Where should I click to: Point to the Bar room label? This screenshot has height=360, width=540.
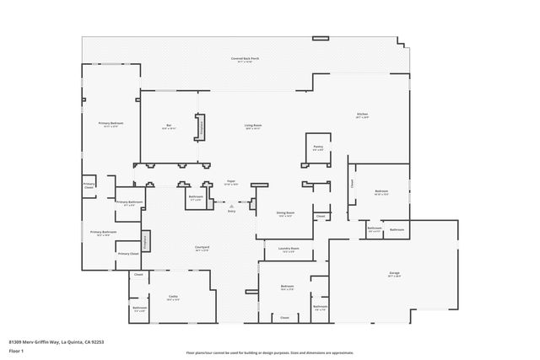pos(169,126)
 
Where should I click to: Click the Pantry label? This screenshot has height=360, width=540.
pos(318,148)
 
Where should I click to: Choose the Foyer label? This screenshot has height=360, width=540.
pos(230,181)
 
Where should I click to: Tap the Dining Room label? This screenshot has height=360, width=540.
pos(285,214)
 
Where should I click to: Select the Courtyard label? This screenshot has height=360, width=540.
pos(202,248)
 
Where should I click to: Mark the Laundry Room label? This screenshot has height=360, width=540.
pos(289,250)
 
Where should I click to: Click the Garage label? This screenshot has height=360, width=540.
pos(394,274)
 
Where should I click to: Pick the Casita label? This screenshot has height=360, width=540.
pos(173,297)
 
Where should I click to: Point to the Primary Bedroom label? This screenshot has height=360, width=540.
pos(111,124)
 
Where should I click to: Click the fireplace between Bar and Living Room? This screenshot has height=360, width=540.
pos(201,126)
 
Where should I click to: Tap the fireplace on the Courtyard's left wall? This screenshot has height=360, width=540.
pos(144,240)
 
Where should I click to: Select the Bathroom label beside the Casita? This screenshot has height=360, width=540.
pos(139,309)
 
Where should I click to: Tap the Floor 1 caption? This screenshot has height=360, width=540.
pos(16,349)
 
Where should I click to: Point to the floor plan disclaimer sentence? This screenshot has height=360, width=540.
pos(269,352)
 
